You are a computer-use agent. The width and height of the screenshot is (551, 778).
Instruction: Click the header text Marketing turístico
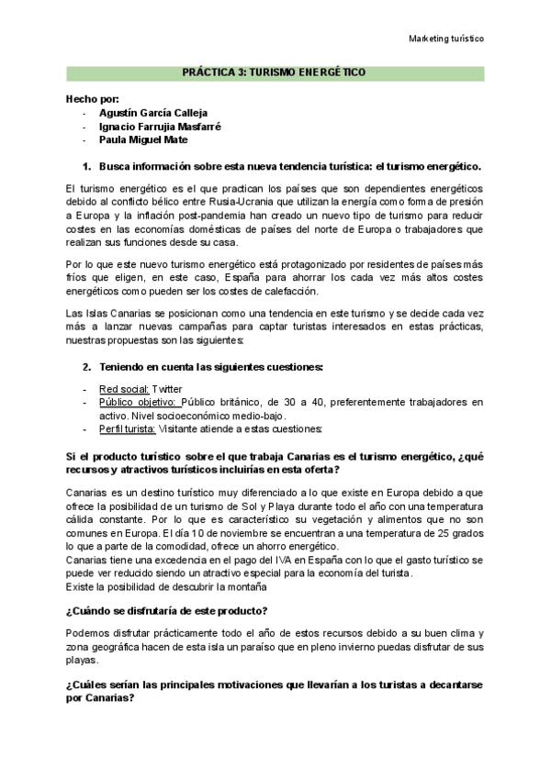[445, 39]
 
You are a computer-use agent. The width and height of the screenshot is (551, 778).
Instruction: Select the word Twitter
[168, 389]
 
